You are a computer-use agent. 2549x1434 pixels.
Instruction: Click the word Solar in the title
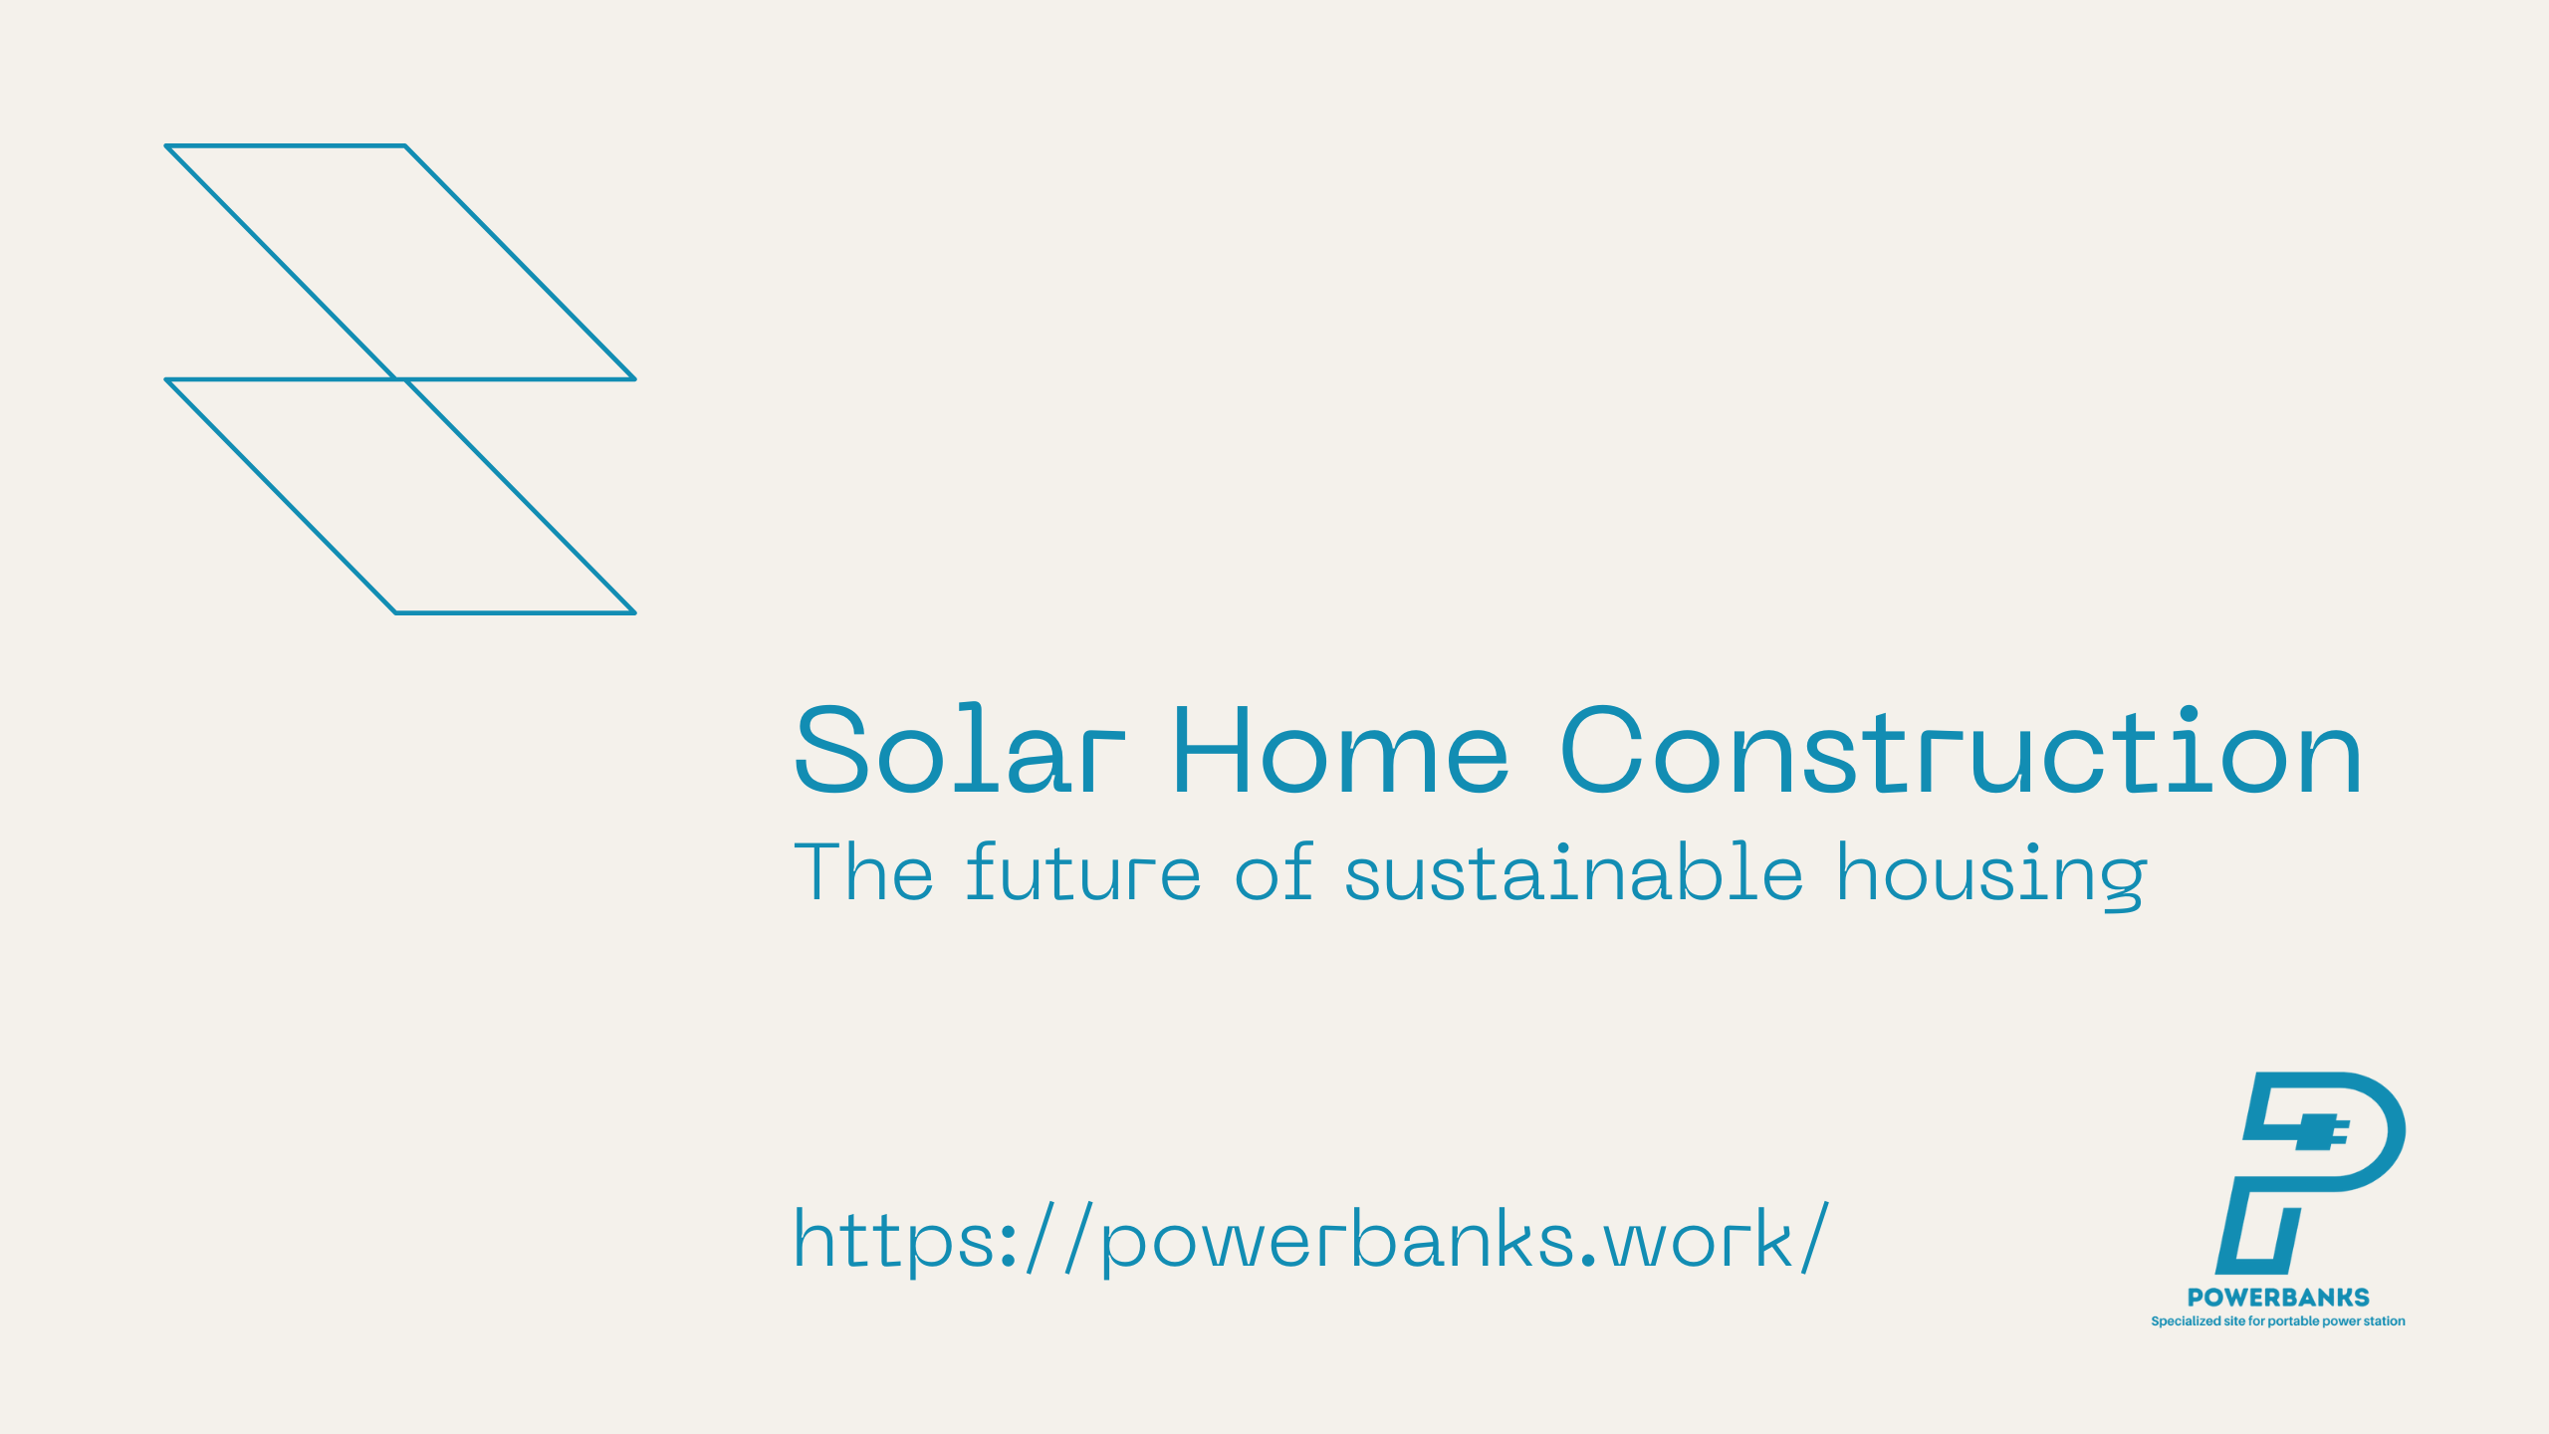(960, 748)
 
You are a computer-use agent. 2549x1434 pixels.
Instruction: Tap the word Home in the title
(1341, 750)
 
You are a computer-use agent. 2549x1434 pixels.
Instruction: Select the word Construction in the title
(1961, 749)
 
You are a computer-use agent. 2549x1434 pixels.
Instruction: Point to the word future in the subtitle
(1083, 871)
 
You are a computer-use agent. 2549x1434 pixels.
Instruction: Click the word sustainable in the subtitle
(1574, 871)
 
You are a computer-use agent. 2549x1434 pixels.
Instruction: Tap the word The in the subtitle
(863, 871)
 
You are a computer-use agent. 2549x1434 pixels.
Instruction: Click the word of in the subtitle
(1274, 871)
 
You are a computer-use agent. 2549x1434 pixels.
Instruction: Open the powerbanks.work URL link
(1311, 1239)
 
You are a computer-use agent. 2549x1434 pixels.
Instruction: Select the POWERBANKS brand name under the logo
(2278, 1298)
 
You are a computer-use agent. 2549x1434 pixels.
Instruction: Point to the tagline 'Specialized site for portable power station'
(2278, 1321)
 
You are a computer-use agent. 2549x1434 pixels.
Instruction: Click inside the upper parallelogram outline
(400, 263)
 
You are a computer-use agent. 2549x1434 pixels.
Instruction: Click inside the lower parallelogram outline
(400, 496)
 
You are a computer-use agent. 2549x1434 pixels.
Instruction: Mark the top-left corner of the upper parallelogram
(166, 146)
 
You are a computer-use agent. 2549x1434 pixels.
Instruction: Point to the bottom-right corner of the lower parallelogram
(634, 612)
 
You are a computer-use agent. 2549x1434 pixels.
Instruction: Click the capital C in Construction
(1601, 749)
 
